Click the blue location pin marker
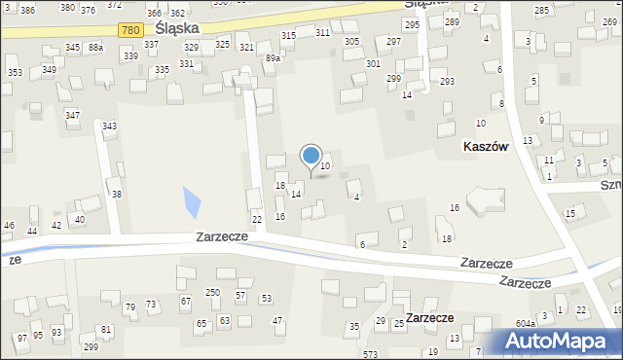(x=311, y=157)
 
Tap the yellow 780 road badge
(x=131, y=30)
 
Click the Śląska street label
(x=177, y=29)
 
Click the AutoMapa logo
(x=559, y=340)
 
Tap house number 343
(x=110, y=126)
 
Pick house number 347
(x=72, y=115)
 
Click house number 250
(x=211, y=293)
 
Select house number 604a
(x=527, y=323)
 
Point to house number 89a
(x=273, y=58)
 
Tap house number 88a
(x=94, y=47)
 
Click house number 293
(x=447, y=81)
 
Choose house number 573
(x=370, y=354)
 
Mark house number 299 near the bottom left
(x=91, y=346)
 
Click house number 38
(x=117, y=195)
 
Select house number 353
(x=15, y=73)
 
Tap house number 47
(x=277, y=320)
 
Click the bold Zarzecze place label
(x=429, y=317)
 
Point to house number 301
(x=373, y=63)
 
